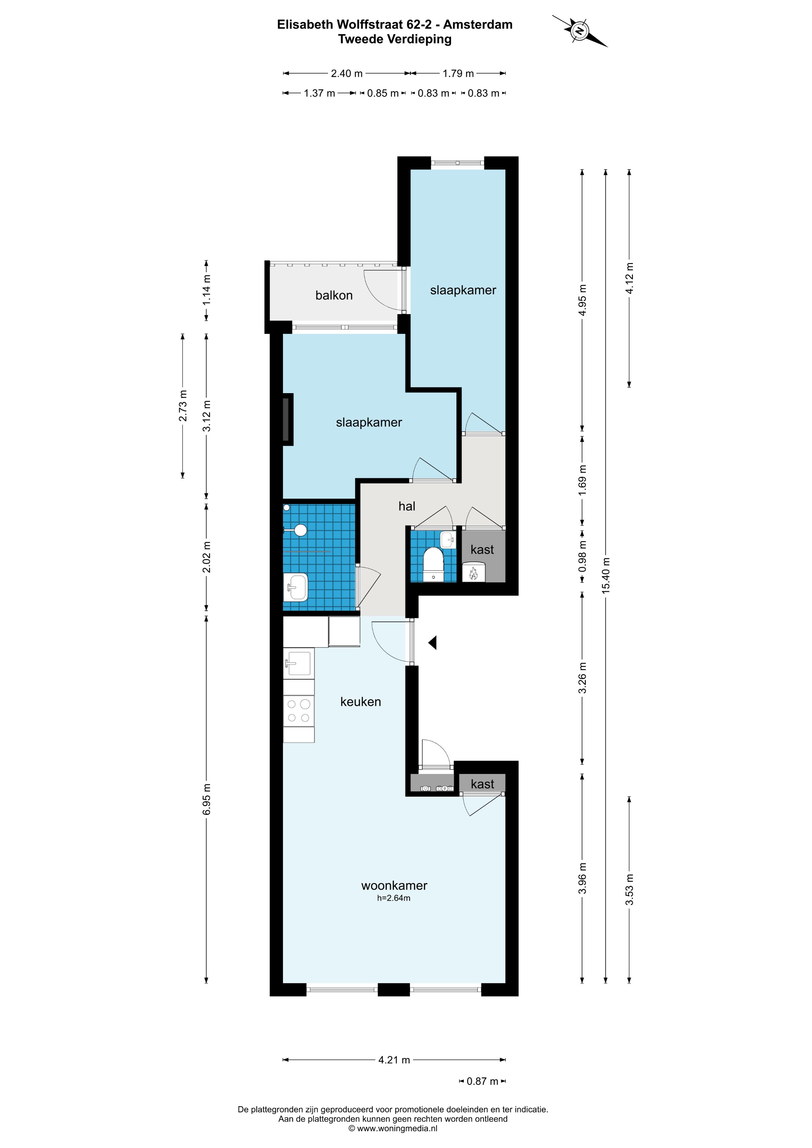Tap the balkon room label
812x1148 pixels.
pyautogui.click(x=334, y=295)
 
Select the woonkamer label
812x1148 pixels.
pyautogui.click(x=394, y=886)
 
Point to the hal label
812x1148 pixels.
pyautogui.click(x=407, y=506)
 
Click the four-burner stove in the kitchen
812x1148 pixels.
pyautogui.click(x=299, y=711)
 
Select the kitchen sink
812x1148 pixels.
pyautogui.click(x=299, y=663)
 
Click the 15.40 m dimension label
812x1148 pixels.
pyautogui.click(x=606, y=575)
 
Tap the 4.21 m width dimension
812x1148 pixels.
pyautogui.click(x=394, y=1060)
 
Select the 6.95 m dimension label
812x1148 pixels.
pyautogui.click(x=207, y=799)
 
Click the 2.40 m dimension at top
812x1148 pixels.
pyautogui.click(x=347, y=74)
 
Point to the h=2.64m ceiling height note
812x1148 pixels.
pyautogui.click(x=394, y=898)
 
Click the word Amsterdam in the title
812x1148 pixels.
pyautogui.click(x=478, y=25)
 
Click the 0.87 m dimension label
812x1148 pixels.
pyautogui.click(x=482, y=1082)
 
